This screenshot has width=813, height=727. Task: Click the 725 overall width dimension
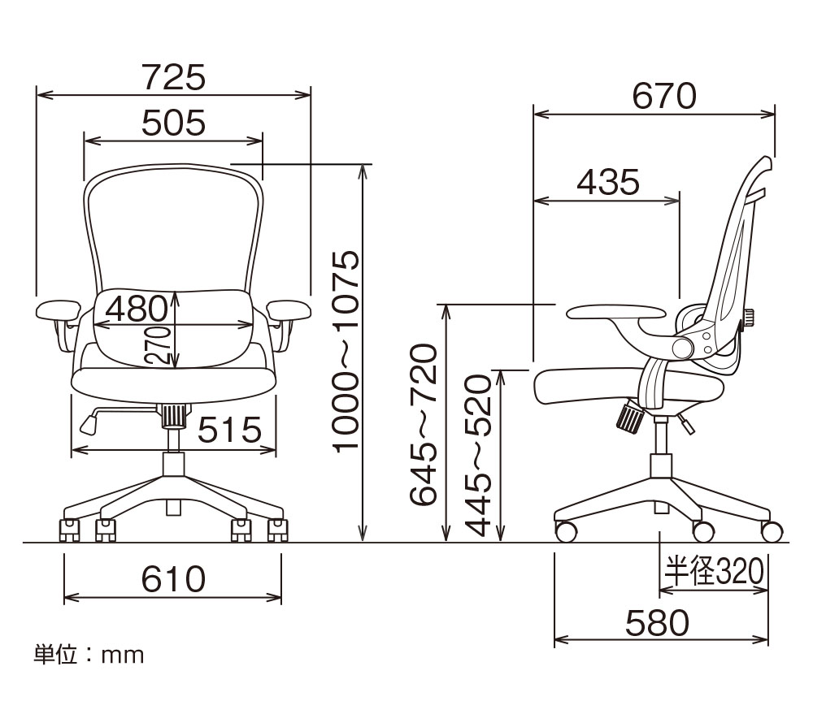pyautogui.click(x=174, y=77)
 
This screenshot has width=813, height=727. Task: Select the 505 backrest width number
pyautogui.click(x=174, y=123)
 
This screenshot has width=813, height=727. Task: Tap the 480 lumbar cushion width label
pyautogui.click(x=137, y=309)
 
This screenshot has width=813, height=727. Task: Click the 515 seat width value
pyautogui.click(x=230, y=430)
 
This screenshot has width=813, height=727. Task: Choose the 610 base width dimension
pyautogui.click(x=174, y=579)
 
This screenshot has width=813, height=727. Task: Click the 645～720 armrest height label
pyautogui.click(x=423, y=425)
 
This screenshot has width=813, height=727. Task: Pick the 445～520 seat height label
pyautogui.click(x=477, y=455)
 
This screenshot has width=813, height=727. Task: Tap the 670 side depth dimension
pyautogui.click(x=664, y=96)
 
